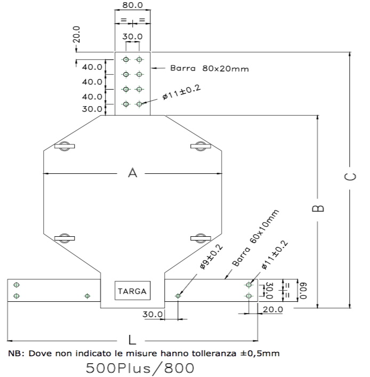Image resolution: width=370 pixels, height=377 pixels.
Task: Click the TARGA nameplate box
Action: (133, 291)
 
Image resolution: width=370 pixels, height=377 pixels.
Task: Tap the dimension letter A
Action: (133, 173)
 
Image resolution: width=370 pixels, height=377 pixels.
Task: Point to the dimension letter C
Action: (350, 177)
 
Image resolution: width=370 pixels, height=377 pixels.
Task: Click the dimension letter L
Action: (133, 340)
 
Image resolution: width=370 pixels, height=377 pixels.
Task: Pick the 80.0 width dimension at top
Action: (132, 5)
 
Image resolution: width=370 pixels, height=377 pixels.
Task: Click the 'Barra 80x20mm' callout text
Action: (210, 68)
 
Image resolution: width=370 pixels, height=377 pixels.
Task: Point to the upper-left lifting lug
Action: (64, 146)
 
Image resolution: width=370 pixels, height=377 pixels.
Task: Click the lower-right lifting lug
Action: (200, 237)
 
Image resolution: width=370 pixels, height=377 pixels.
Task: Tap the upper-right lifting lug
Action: (200, 146)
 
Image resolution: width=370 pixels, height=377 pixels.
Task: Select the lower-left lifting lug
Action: (64, 237)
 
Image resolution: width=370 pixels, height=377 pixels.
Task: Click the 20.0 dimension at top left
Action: (77, 35)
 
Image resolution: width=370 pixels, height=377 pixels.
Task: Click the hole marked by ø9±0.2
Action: (178, 295)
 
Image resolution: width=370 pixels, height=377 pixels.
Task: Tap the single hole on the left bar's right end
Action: (87, 295)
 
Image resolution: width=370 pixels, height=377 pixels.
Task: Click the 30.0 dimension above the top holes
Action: (132, 37)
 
